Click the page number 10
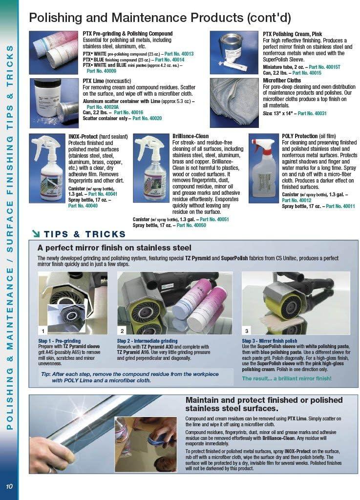click(9, 486)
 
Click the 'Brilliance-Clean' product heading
click(191, 136)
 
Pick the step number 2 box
click(122, 331)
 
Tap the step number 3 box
click(247, 331)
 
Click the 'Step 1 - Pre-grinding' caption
click(59, 341)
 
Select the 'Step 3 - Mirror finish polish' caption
click(270, 341)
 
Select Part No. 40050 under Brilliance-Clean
click(185, 226)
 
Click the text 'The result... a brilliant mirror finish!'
click(287, 378)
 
